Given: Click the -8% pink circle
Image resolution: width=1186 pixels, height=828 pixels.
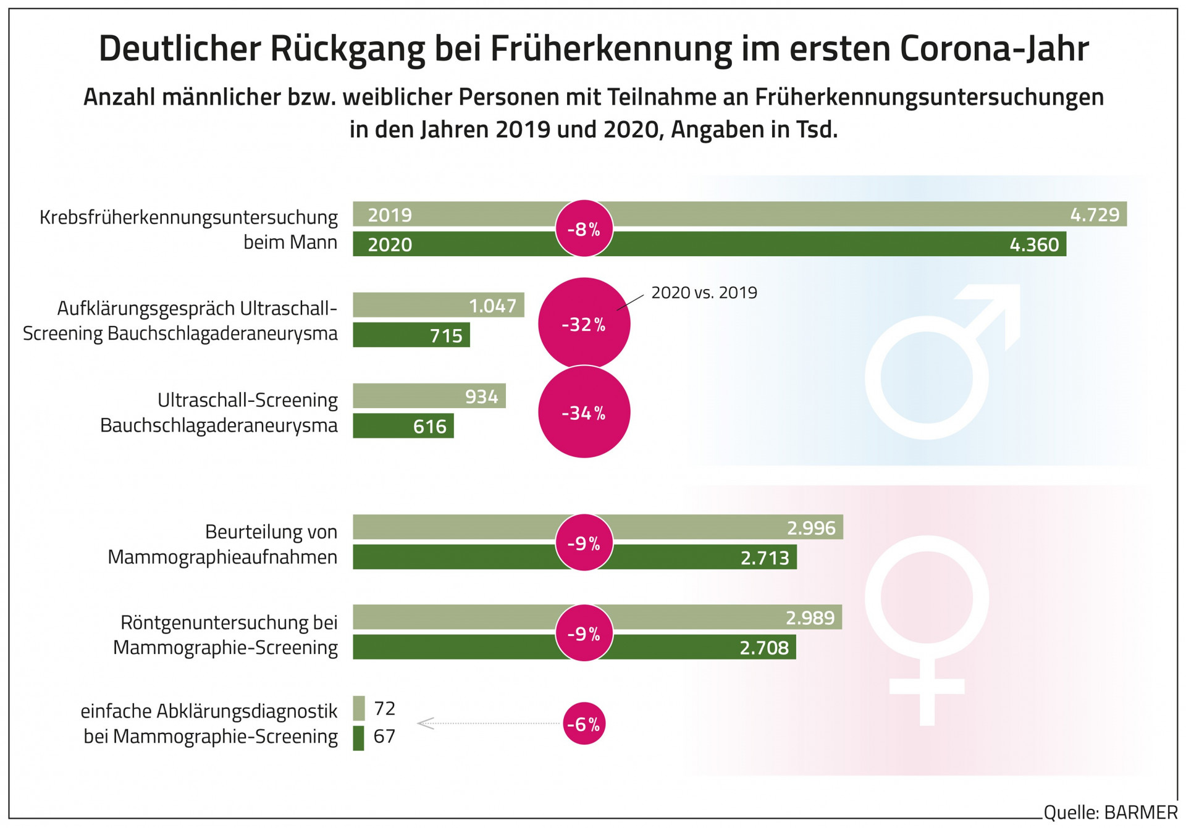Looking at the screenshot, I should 584,229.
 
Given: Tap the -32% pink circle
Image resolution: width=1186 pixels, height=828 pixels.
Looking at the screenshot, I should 584,324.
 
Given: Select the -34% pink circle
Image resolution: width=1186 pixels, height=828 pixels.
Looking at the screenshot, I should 584,412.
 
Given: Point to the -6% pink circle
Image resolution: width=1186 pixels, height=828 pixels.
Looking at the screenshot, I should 584,724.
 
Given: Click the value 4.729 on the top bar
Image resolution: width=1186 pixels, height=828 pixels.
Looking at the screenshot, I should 1094,215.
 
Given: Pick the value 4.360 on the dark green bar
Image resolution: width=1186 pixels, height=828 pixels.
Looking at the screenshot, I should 1033,245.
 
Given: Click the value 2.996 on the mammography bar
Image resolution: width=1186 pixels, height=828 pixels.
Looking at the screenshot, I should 810,528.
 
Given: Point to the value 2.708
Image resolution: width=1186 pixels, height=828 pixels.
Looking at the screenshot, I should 763,648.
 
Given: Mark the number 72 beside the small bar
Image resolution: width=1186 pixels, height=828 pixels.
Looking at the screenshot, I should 384,708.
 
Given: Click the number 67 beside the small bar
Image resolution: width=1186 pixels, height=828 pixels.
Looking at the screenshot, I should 384,736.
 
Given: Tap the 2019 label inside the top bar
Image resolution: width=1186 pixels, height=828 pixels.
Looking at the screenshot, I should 389,215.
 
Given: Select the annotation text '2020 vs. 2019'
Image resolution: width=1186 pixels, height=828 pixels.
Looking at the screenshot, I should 704,293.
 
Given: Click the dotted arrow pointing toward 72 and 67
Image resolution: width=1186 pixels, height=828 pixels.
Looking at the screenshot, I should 488,723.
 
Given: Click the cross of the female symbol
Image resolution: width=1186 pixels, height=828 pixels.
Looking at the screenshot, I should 927,687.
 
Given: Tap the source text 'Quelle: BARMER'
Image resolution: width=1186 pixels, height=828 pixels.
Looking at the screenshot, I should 1110,813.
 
